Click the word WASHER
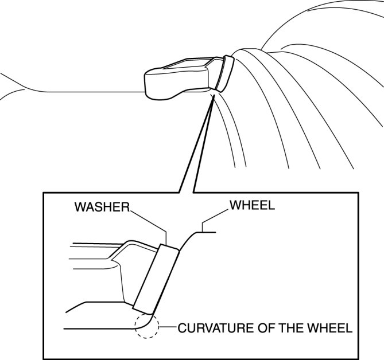pos(101,207)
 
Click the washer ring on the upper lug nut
pos(226,73)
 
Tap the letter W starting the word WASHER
pos(79,207)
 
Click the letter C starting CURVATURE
pos(182,329)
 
